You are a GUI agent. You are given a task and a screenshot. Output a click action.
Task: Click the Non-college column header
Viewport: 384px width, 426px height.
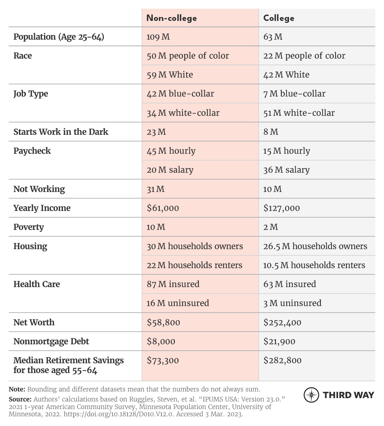coord(172,18)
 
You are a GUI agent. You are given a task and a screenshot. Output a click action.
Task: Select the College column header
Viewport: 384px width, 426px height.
coord(279,18)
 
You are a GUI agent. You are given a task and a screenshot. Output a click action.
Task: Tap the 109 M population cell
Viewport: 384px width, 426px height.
coord(158,37)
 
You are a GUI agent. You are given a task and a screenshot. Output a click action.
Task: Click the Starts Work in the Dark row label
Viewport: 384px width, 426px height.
coord(61,132)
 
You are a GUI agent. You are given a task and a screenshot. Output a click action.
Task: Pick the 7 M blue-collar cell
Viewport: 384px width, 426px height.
coord(294,94)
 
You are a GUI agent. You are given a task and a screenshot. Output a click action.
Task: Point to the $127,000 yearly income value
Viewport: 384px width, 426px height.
coord(282,208)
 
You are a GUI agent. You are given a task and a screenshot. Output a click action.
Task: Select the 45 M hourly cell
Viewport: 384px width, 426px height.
coord(171,151)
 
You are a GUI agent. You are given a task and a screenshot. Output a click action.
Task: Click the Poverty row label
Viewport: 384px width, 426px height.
coord(29,227)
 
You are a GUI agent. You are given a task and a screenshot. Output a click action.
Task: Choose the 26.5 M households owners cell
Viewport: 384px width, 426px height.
coord(315,246)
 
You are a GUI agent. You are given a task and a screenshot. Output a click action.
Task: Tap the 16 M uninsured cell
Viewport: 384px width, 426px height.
coord(178,303)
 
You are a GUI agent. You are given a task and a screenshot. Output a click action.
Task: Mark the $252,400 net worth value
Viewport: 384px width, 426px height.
coord(282,322)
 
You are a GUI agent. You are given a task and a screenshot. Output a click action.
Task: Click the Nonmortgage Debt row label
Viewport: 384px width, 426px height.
coord(51,341)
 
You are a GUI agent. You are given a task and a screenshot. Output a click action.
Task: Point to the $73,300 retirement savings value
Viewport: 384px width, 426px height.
coord(163,360)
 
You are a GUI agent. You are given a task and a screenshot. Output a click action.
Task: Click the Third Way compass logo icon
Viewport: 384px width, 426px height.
coord(311,395)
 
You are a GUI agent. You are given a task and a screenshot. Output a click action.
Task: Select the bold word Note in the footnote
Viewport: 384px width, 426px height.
coord(17,389)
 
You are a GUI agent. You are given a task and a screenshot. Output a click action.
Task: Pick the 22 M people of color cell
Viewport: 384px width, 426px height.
coord(304,56)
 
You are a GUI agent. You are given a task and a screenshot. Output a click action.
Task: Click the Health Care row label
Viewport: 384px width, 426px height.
coord(37,284)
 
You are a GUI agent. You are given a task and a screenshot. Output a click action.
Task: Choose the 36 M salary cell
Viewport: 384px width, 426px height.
coord(286,170)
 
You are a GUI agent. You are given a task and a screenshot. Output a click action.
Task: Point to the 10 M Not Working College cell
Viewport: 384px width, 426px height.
coord(272,189)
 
